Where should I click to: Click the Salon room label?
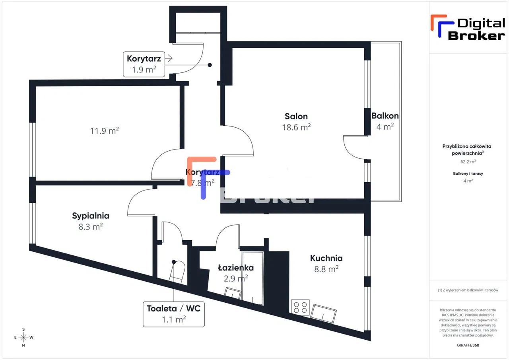coord(296,116)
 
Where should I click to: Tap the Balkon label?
coord(385,116)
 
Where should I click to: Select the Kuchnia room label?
coord(326,258)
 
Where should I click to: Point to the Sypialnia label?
coord(91,216)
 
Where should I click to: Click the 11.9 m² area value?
coord(105,130)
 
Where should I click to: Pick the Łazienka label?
coord(236,268)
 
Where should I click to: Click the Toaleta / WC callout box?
coord(173,314)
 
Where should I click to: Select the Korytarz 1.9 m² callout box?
coord(144,64)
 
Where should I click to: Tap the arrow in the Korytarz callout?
coord(168,59)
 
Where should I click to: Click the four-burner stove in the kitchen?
coord(300,307)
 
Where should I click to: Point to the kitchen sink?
coord(324,313)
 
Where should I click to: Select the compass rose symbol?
coord(23,337)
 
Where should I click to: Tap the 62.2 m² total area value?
coord(468,162)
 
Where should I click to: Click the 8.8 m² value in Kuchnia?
coord(326,269)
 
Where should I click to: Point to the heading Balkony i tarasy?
coord(468,173)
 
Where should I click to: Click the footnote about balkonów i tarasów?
coord(468,290)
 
